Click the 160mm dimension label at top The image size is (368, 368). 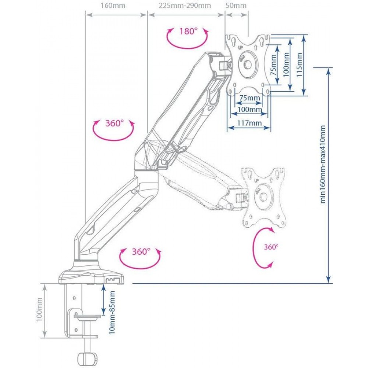click(113, 6)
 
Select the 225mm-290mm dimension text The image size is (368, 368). click(185, 6)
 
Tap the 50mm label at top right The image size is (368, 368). click(236, 6)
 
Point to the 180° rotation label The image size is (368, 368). click(188, 31)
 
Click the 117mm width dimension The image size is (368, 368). click(249, 123)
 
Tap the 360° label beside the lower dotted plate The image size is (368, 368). click(271, 247)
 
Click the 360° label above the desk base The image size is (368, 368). click(141, 252)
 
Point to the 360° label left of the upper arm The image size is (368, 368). click(114, 123)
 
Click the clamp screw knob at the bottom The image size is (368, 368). click(86, 358)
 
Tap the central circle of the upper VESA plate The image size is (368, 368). click(248, 64)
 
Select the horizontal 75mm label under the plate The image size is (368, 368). click(250, 98)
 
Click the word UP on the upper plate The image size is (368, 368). click(240, 47)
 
